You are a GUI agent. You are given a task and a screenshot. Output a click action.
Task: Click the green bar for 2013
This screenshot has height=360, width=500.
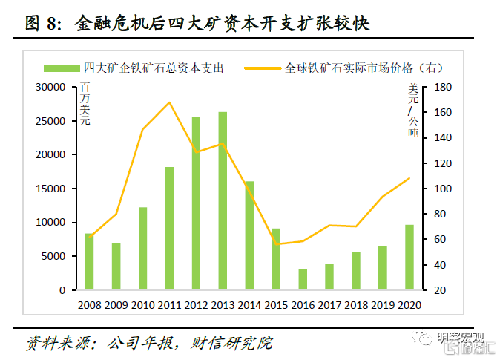[223, 200]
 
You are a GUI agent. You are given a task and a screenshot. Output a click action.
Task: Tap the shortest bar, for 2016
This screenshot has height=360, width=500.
[303, 279]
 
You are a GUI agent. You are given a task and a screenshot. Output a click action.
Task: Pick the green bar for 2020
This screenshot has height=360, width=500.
[409, 257]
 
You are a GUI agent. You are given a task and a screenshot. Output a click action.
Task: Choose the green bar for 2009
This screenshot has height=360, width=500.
[116, 266]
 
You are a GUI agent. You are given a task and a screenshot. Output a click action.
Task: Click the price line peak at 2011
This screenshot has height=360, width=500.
[169, 102]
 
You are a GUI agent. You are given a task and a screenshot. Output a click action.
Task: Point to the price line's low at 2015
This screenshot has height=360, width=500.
[276, 244]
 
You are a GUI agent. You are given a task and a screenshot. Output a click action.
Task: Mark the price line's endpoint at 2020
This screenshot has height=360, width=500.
[409, 178]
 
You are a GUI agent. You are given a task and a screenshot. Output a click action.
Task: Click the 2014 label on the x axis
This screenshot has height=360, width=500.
[249, 304]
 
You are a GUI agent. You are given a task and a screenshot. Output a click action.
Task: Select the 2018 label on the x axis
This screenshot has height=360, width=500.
[356, 304]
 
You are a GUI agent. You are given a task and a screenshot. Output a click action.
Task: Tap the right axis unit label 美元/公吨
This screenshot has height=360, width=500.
[413, 111]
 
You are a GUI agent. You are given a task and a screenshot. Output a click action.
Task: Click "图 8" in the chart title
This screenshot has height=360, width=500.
[42, 24]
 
